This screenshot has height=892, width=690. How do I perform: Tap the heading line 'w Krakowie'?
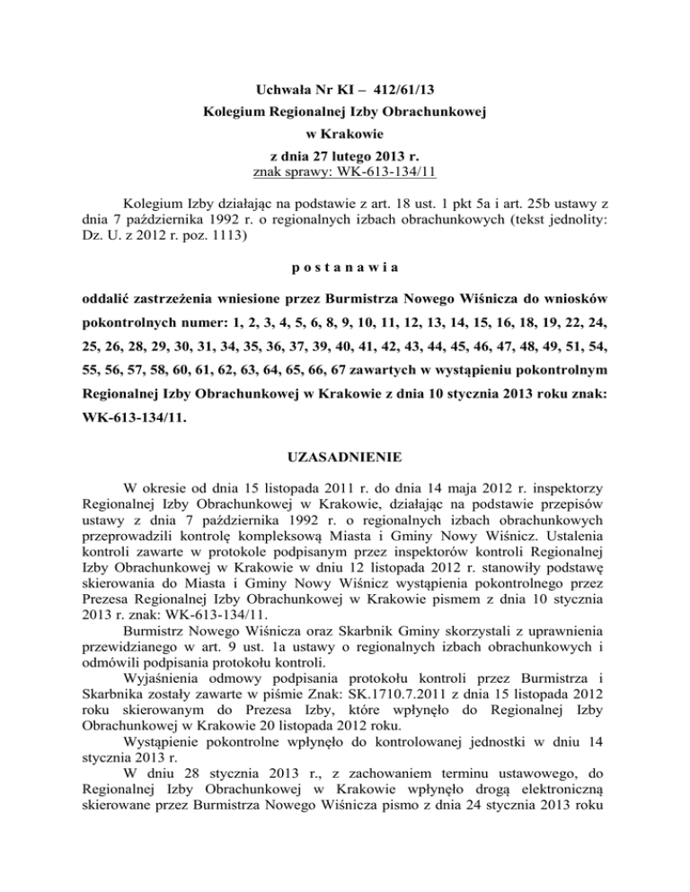tap(345, 139)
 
